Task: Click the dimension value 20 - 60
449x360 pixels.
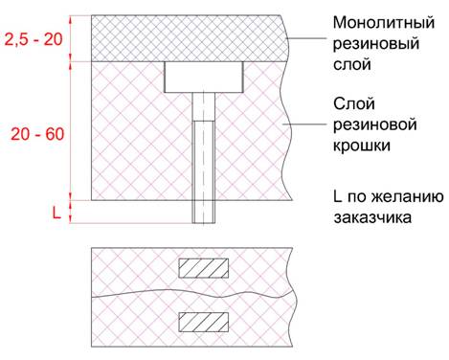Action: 37,134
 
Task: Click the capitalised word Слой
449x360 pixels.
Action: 352,101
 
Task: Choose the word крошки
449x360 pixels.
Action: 363,146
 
